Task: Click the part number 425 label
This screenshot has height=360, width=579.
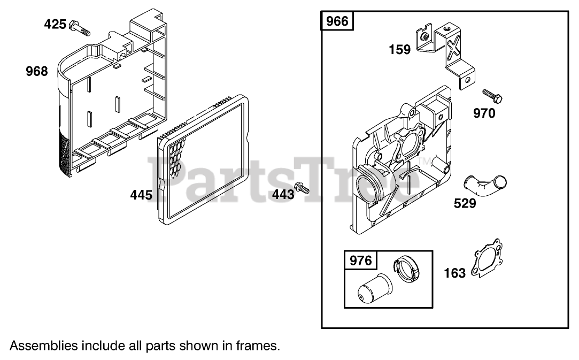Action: (x=56, y=24)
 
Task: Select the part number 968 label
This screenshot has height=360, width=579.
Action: (x=37, y=71)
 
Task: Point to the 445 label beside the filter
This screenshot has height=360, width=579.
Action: (x=142, y=195)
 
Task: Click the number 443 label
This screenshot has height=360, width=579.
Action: (x=283, y=194)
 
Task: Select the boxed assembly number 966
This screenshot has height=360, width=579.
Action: (x=337, y=21)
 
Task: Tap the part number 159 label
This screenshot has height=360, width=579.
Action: (x=400, y=50)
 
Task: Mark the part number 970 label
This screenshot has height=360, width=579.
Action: (x=484, y=113)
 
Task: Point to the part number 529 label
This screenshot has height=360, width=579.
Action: (x=465, y=204)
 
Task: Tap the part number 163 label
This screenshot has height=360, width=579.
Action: (x=455, y=273)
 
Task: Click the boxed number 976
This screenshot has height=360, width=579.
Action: (x=360, y=261)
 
